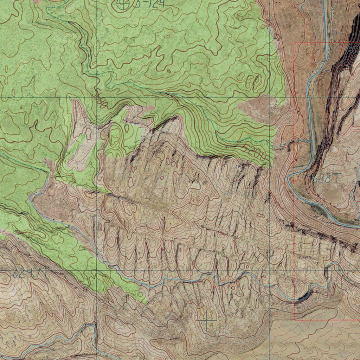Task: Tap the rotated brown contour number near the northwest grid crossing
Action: click(x=101, y=98)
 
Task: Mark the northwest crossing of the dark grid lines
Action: click(x=97, y=97)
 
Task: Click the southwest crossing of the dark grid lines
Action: click(x=97, y=270)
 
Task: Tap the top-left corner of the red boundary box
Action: click(x=294, y=43)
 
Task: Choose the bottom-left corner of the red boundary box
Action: click(x=294, y=320)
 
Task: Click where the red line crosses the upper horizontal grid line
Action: click(x=294, y=97)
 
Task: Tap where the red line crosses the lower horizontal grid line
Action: click(x=294, y=270)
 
